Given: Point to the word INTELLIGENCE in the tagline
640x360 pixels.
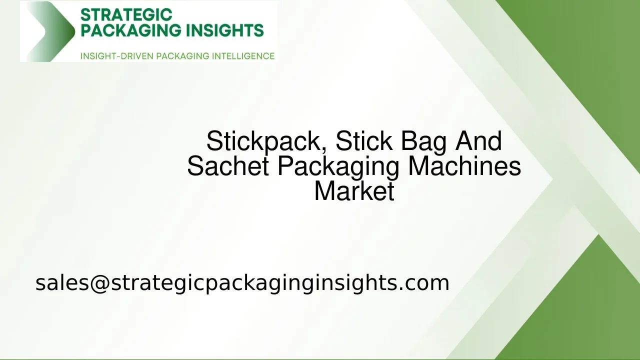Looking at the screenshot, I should [243, 56].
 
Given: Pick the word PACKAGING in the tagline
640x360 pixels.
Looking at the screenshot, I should [183, 56].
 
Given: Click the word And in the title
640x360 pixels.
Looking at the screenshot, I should [478, 141].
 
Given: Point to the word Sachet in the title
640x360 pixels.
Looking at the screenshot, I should [228, 166].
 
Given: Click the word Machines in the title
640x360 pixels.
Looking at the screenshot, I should [464, 166].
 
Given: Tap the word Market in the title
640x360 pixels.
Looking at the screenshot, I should [354, 191].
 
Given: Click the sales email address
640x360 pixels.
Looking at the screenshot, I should [242, 283].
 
